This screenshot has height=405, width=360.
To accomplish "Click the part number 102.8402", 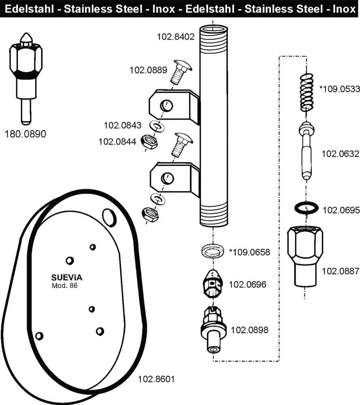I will [x=176, y=37].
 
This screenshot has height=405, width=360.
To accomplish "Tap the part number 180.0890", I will [x=25, y=134].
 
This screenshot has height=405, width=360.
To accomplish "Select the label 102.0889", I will [x=148, y=70].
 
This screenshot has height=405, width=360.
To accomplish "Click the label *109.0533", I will [x=339, y=89].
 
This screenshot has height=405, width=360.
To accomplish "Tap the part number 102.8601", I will [x=156, y=379].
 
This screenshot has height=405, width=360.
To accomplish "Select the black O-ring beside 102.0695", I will [x=305, y=209].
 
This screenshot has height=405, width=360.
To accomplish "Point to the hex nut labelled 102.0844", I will [x=149, y=141].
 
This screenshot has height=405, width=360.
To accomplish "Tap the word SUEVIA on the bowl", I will [x=67, y=277].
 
